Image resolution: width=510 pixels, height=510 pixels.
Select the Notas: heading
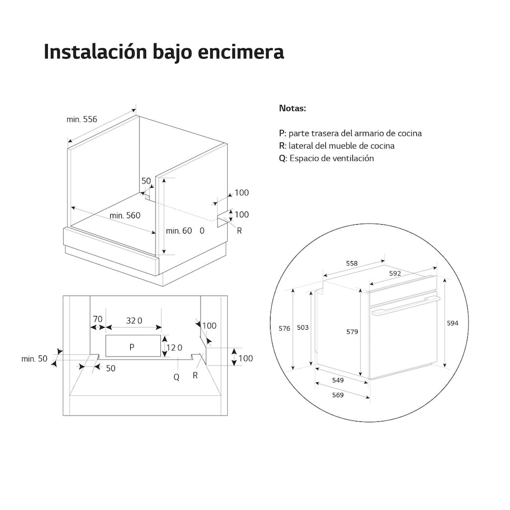292,108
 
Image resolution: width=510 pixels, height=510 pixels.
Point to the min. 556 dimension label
82,119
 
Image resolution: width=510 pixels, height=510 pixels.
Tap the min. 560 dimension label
125,215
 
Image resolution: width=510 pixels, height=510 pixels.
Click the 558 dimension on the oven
352,264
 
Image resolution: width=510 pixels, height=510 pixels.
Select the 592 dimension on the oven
395,274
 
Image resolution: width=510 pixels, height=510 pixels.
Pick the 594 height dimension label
453,323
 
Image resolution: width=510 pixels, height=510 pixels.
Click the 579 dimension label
352,332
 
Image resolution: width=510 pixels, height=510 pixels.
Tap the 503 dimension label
303,328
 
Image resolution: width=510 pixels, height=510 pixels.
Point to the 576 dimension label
284,329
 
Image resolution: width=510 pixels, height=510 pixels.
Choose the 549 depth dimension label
338,380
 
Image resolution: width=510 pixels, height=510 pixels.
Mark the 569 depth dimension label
338,395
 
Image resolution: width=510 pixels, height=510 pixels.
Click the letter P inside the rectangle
132,347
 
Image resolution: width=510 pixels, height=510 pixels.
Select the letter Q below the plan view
176,377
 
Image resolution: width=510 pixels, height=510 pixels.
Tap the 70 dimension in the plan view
98,319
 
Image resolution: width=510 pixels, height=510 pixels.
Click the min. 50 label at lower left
34,359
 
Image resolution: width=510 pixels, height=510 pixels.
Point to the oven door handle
406,306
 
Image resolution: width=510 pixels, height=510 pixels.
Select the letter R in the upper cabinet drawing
239,230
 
